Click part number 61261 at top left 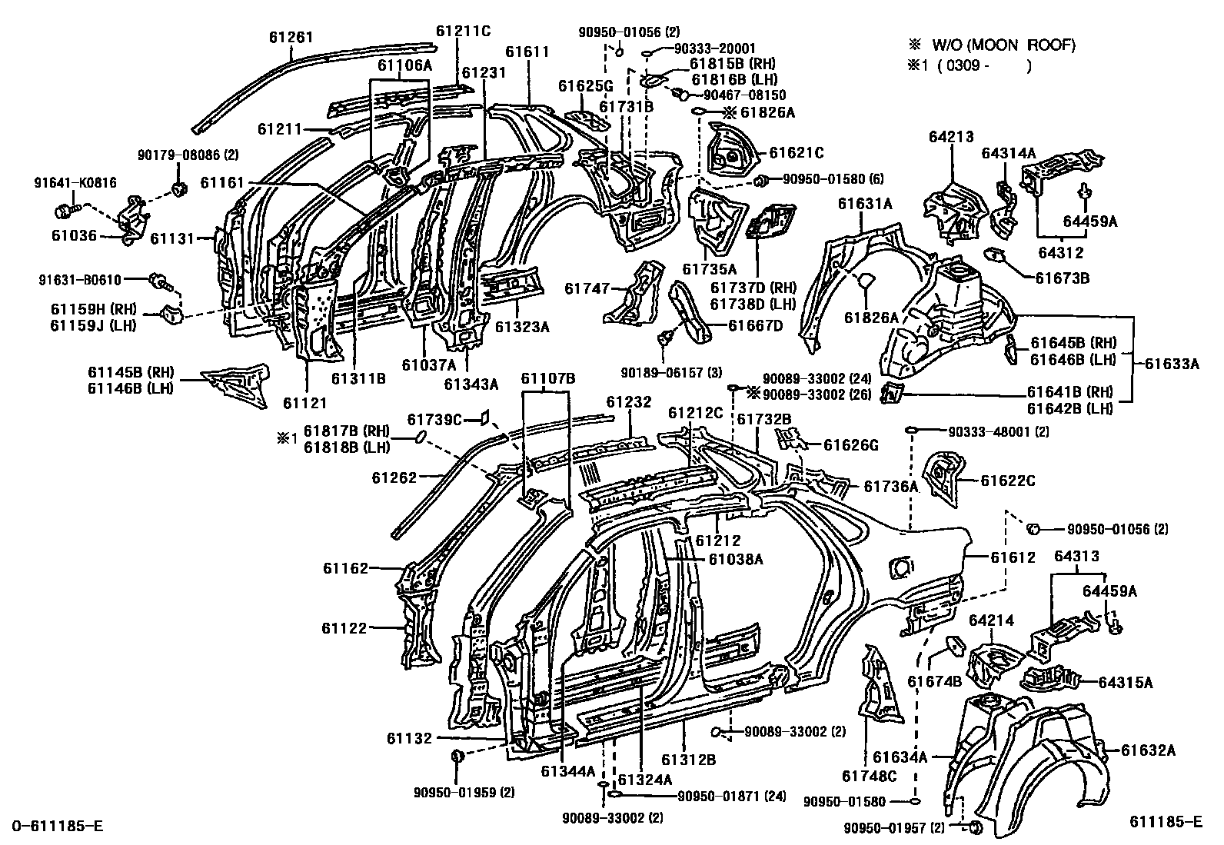tap(291, 36)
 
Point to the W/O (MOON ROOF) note tap(999, 45)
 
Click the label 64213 tap(951, 138)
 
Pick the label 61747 tap(587, 288)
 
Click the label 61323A tap(522, 326)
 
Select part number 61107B tap(547, 378)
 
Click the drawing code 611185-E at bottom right tap(1166, 821)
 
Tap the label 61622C tap(1007, 481)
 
